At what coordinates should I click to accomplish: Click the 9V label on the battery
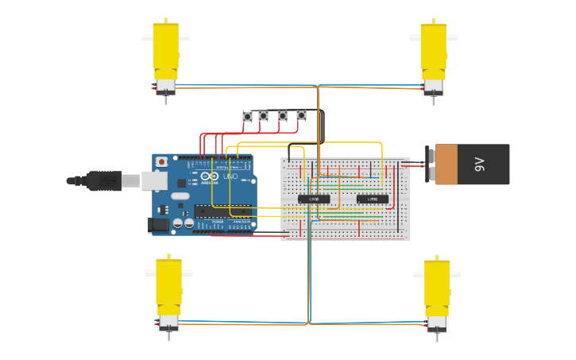479,165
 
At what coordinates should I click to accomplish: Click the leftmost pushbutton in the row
247,117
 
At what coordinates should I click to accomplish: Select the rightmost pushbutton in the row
301,116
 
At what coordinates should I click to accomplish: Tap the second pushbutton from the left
263,117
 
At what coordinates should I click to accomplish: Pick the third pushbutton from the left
282,117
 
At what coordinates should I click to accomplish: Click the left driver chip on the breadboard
314,199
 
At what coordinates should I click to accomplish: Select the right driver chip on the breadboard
372,199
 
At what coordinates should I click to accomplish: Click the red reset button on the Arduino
162,162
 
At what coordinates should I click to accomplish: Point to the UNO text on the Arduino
230,176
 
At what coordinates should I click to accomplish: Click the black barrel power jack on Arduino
160,225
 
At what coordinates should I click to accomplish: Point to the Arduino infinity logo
208,176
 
